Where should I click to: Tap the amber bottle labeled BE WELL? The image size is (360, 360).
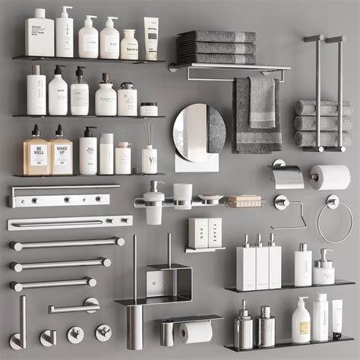click(36, 154)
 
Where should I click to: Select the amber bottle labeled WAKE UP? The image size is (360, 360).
click(62, 154)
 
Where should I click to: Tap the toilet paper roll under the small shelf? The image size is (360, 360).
click(196, 332)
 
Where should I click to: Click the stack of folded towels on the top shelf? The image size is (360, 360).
click(216, 47)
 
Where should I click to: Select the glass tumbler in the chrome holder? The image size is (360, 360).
click(182, 195)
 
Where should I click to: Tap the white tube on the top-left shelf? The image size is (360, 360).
click(151, 38)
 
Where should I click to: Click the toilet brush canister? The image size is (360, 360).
click(134, 327)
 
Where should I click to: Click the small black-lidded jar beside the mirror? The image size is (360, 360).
click(149, 109)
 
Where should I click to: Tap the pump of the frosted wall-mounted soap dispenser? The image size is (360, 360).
click(155, 186)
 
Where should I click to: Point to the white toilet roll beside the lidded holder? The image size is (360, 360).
click(330, 177)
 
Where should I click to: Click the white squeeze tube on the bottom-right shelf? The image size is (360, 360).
click(336, 319)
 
